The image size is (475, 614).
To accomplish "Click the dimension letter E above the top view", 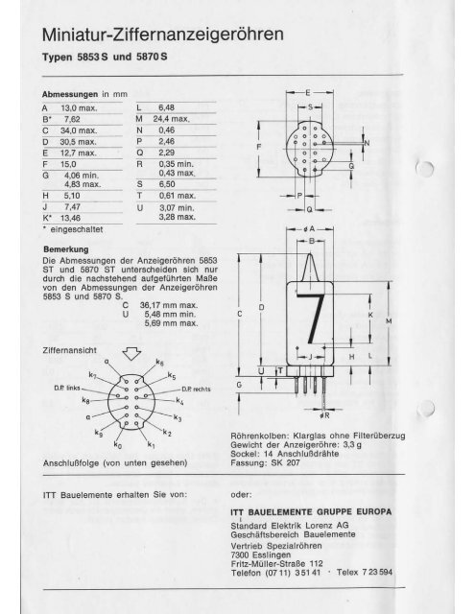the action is pyautogui.click(x=307, y=89).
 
